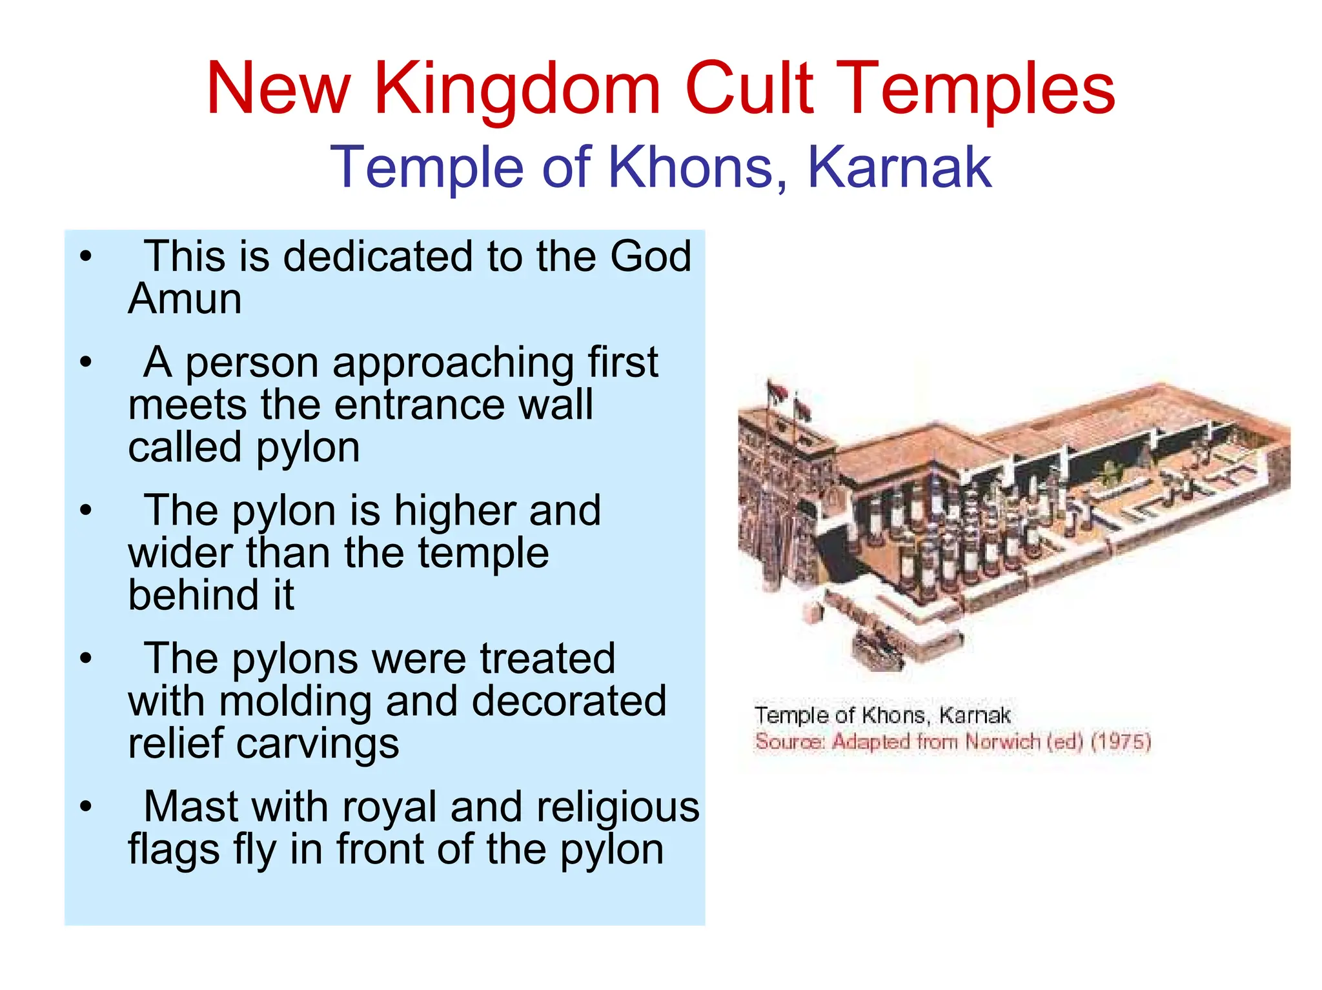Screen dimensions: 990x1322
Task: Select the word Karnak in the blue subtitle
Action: tap(899, 168)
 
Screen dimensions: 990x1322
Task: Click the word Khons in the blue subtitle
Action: tap(697, 168)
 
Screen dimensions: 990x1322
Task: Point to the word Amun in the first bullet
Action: tap(185, 299)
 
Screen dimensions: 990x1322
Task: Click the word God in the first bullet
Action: tap(651, 256)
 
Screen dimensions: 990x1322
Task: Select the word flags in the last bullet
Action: tap(174, 849)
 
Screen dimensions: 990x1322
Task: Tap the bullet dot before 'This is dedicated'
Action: tap(86, 257)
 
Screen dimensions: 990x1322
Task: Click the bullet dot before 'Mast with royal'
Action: tap(86, 807)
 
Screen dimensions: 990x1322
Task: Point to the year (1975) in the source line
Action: tap(1121, 742)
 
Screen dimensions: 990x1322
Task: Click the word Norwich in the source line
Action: tap(1002, 742)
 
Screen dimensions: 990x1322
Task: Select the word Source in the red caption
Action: tap(789, 742)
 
